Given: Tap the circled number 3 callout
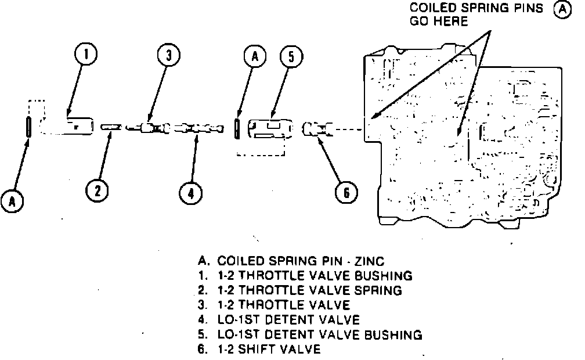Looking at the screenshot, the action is coord(168,56).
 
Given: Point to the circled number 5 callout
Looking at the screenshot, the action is coord(291,57).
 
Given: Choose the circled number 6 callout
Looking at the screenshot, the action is coord(346,192).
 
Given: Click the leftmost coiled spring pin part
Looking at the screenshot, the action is coord(28,126).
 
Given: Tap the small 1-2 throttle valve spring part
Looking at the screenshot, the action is coord(110,127).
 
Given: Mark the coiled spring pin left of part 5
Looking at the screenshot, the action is coord(237,127).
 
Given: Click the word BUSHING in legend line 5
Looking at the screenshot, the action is coord(393,334).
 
